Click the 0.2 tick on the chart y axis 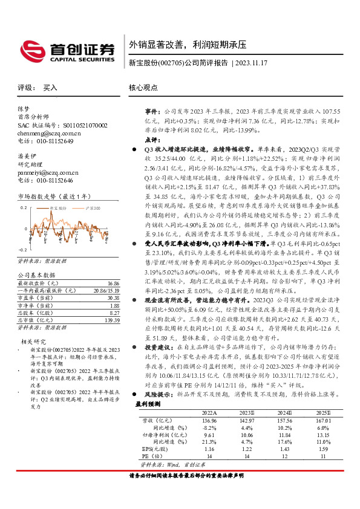coord(24,207)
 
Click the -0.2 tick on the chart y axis coord(22,249)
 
